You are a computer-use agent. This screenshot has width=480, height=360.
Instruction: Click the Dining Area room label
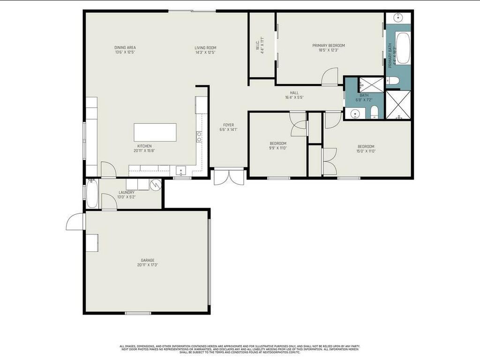[125, 47]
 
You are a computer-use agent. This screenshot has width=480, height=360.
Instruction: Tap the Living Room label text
[205, 47]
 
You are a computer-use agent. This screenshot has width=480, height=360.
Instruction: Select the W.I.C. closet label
[257, 45]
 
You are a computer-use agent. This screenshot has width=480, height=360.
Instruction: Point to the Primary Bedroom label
[329, 45]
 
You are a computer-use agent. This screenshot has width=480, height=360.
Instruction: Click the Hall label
[294, 93]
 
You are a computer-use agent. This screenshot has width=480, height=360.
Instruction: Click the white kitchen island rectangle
[155, 132]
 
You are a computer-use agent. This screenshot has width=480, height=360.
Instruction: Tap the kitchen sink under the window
[181, 171]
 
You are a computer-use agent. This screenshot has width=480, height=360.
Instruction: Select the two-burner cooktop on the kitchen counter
[199, 136]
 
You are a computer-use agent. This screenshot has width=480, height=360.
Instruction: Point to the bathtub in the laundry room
[92, 194]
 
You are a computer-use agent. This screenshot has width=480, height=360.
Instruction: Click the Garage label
[148, 260]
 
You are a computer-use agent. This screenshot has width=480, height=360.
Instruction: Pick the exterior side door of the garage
[75, 222]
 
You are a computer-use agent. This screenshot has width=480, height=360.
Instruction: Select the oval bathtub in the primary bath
[402, 48]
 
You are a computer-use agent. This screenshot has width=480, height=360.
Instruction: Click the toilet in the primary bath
[393, 81]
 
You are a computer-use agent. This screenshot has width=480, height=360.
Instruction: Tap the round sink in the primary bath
[399, 18]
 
